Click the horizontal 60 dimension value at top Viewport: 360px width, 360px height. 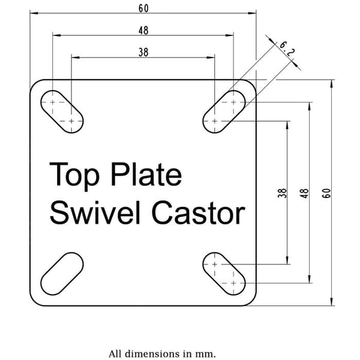pyautogui.click(x=143, y=8)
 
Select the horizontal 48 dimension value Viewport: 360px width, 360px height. pyautogui.click(x=143, y=31)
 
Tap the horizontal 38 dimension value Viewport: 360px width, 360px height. pyautogui.click(x=143, y=52)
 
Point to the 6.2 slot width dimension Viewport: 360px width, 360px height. pyautogui.click(x=287, y=49)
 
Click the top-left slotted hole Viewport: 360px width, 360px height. pyautogui.click(x=62, y=112)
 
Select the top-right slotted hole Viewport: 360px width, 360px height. pyautogui.click(x=224, y=112)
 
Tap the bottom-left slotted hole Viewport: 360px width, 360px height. pyautogui.click(x=62, y=274)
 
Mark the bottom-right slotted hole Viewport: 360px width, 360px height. pyautogui.click(x=224, y=274)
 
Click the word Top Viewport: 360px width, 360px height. pyautogui.click(x=74, y=176)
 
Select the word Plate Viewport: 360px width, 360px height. pyautogui.click(x=146, y=174)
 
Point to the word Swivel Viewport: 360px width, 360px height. pyautogui.click(x=95, y=212)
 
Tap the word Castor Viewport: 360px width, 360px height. pyautogui.click(x=199, y=212)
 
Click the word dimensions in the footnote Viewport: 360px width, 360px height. pyautogui.click(x=154, y=353)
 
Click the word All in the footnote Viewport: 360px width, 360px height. pyautogui.click(x=116, y=353)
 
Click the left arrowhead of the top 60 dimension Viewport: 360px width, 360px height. pyautogui.click(x=34, y=13)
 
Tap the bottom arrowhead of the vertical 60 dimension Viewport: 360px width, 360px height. pyautogui.click(x=331, y=302)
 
